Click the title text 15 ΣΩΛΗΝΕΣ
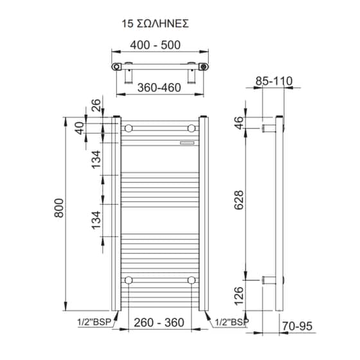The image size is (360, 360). [x=155, y=24]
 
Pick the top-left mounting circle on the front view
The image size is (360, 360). [x=129, y=127]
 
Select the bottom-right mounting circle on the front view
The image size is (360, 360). [x=191, y=280]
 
